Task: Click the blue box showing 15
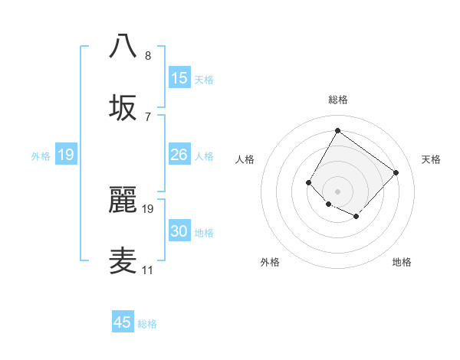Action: (179, 78)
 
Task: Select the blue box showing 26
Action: (179, 155)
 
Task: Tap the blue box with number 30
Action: (179, 232)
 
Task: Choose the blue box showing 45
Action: (123, 322)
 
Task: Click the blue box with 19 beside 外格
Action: (66, 155)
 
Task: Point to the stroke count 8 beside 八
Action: (147, 56)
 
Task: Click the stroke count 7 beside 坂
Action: (147, 117)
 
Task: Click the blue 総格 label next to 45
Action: (147, 324)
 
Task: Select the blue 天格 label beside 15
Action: (203, 80)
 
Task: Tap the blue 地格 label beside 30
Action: (203, 233)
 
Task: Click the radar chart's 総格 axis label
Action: (337, 100)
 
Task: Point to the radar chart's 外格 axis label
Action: (270, 262)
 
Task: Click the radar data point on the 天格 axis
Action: (396, 172)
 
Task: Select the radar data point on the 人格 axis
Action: (309, 182)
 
